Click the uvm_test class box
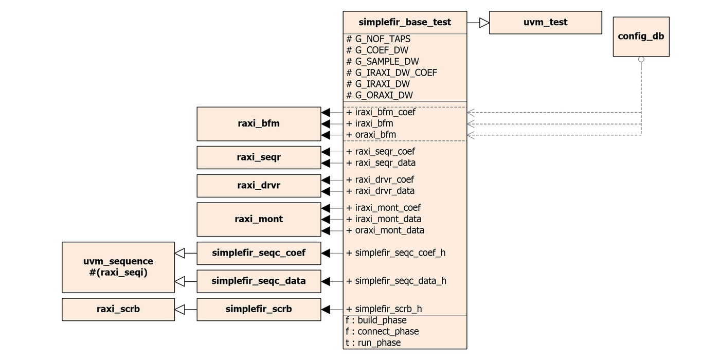point(545,23)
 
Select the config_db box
point(641,37)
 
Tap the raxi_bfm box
point(259,124)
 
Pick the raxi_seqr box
point(259,157)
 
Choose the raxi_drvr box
point(259,186)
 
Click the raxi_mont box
point(259,219)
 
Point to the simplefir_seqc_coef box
point(259,253)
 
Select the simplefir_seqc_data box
point(259,281)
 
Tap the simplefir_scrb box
point(259,310)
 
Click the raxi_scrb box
point(118,310)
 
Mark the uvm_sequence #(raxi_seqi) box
point(118,267)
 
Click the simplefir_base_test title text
point(405,22)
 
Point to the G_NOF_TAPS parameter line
point(379,39)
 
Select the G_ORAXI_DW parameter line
point(380,95)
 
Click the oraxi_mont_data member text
point(385,230)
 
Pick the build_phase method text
point(376,320)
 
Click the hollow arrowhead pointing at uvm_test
point(484,23)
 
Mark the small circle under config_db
point(641,60)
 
